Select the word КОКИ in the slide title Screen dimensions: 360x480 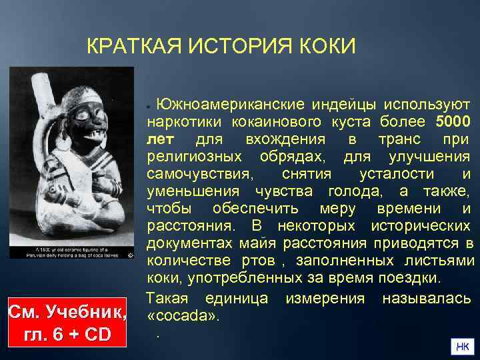pyautogui.click(x=325, y=47)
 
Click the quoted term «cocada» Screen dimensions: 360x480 pyautogui.click(x=182, y=314)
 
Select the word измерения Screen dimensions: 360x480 pyautogui.click(x=325, y=297)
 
